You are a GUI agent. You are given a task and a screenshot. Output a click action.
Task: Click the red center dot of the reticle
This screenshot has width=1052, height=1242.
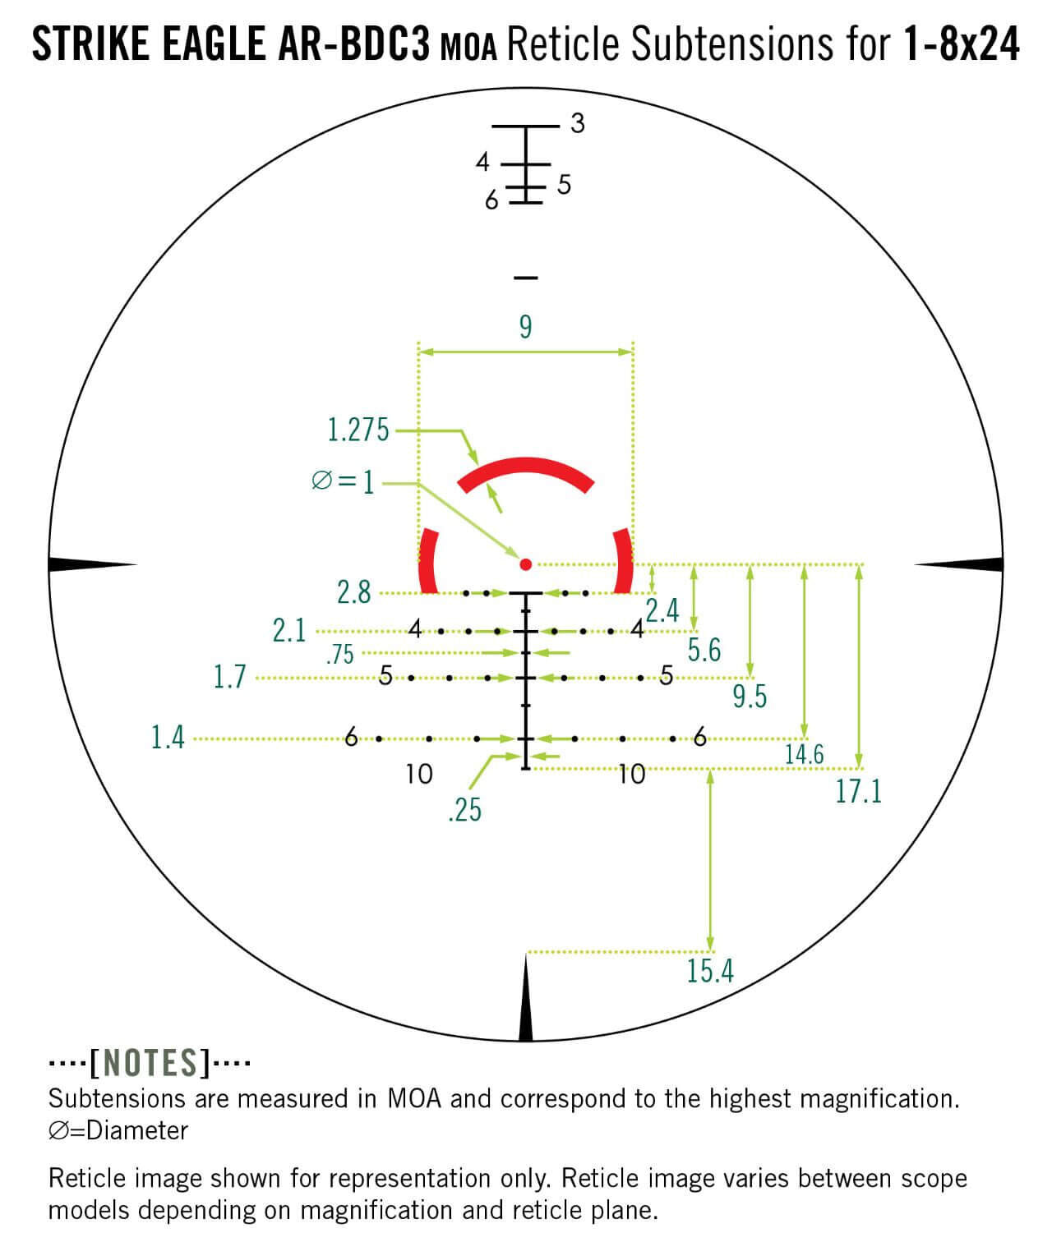point(526,564)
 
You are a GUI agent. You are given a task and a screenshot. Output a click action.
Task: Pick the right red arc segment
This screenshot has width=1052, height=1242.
point(623,562)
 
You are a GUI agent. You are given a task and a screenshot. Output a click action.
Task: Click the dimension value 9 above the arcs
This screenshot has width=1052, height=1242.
point(525,327)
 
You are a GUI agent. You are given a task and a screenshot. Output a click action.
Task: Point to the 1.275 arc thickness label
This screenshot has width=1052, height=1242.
point(358,430)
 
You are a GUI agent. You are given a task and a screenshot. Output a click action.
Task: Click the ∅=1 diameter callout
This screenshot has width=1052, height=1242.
point(343,481)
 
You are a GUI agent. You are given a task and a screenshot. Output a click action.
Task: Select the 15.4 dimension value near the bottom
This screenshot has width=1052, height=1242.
point(709,971)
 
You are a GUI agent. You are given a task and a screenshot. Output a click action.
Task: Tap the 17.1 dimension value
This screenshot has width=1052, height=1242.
point(858,792)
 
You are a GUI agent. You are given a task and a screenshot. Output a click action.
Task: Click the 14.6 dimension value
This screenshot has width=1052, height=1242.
point(804,754)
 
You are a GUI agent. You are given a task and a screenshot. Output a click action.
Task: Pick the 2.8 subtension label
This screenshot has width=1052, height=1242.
point(353,592)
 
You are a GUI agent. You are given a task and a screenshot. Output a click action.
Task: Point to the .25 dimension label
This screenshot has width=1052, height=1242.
point(464,811)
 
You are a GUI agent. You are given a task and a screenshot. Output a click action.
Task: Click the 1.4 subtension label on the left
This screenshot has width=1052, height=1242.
point(168,738)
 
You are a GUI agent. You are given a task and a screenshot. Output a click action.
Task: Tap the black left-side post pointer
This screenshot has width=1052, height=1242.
point(90,564)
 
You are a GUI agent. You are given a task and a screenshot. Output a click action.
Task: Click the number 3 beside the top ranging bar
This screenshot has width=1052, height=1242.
point(577,124)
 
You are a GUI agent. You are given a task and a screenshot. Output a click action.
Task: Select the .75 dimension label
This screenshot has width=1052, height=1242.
point(339,655)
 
